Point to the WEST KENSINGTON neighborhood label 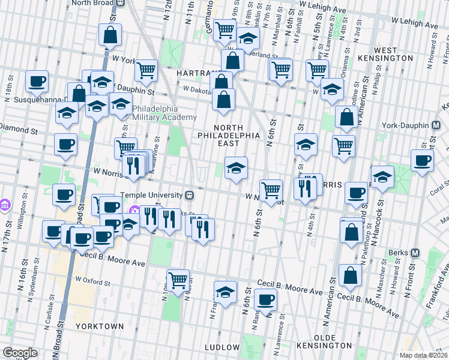click(394, 54)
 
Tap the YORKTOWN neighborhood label click(100, 326)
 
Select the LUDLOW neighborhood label click(222, 347)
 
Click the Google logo click(20, 353)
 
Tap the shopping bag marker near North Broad click(110, 35)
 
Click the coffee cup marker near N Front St click(422, 161)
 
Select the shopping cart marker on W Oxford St click(178, 280)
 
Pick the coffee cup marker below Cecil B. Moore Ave click(265, 299)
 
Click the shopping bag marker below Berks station click(350, 276)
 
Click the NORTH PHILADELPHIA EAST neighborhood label click(229, 131)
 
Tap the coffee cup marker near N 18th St click(37, 82)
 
